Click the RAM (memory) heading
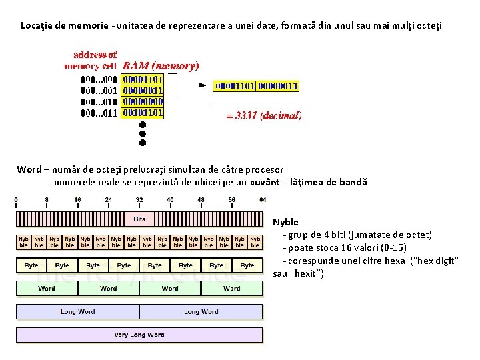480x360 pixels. [x=160, y=66]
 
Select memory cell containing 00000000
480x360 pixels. [x=142, y=101]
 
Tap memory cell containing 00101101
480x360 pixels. [x=142, y=113]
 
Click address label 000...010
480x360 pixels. [x=99, y=101]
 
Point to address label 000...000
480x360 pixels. [x=99, y=79]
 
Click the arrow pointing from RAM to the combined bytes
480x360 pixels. [x=195, y=85]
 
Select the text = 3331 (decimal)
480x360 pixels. [x=264, y=115]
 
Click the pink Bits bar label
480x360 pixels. [x=139, y=219]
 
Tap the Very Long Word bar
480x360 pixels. [x=139, y=335]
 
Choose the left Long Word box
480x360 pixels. [x=77, y=311]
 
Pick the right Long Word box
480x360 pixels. [x=201, y=311]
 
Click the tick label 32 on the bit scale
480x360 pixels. [x=139, y=199]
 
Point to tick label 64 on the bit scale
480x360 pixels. [x=263, y=199]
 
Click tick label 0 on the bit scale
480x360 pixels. [x=17, y=199]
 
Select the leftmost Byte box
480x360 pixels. [x=31, y=265]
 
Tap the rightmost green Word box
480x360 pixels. [x=232, y=289]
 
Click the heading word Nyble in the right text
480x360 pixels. [x=285, y=222]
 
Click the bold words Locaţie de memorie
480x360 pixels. [x=64, y=26]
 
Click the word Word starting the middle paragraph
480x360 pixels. [x=29, y=169]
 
